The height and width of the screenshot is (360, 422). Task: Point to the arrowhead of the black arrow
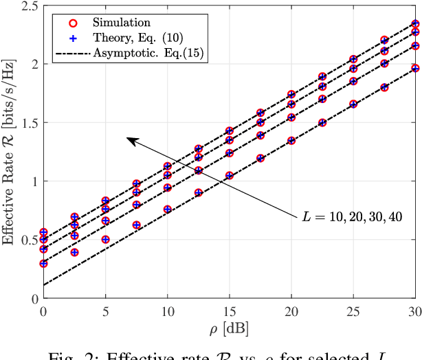click(129, 139)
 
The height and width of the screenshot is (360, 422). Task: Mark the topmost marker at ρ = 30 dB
click(415, 23)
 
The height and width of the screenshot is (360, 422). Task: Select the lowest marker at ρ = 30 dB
click(415, 68)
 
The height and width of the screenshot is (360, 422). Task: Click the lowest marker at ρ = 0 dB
click(44, 263)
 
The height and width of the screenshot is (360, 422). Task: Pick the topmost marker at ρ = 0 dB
click(44, 232)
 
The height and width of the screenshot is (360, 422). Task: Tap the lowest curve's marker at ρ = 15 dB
click(230, 175)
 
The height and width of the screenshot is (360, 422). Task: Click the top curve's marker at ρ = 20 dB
click(291, 95)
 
